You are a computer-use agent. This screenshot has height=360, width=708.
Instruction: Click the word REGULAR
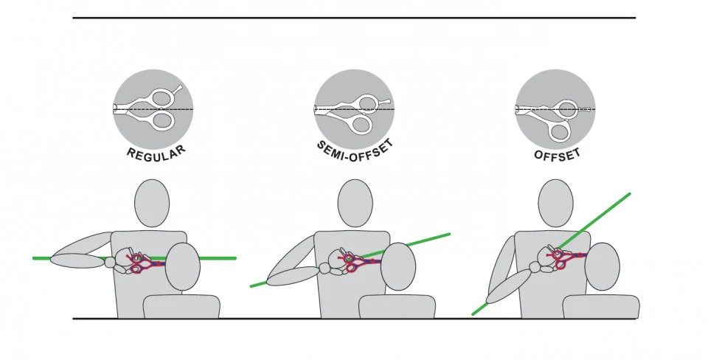click(156, 153)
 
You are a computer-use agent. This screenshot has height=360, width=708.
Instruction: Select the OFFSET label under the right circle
click(558, 154)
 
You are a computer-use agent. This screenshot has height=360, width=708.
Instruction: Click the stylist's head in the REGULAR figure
click(152, 204)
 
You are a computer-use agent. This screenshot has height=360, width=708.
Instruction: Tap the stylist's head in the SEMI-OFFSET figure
click(355, 204)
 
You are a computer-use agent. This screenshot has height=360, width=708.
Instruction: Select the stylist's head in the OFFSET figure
click(556, 204)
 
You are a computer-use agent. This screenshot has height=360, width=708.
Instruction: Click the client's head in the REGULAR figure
click(182, 266)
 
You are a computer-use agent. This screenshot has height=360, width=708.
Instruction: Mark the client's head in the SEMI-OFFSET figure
click(398, 266)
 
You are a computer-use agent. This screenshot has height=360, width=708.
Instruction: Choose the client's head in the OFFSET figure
click(603, 266)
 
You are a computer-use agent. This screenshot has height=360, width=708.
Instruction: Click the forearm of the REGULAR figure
click(78, 260)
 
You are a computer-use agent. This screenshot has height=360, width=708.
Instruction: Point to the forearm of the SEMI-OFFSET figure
click(293, 276)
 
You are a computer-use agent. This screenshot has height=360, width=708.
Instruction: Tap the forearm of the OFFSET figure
click(508, 286)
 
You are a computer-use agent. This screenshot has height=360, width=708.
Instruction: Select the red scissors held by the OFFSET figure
click(566, 258)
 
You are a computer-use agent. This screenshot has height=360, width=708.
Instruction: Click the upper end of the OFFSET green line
click(629, 194)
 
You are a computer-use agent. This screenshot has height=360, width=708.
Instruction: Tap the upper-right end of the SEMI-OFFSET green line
click(449, 234)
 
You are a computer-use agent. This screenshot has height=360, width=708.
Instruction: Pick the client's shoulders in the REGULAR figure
click(181, 306)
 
